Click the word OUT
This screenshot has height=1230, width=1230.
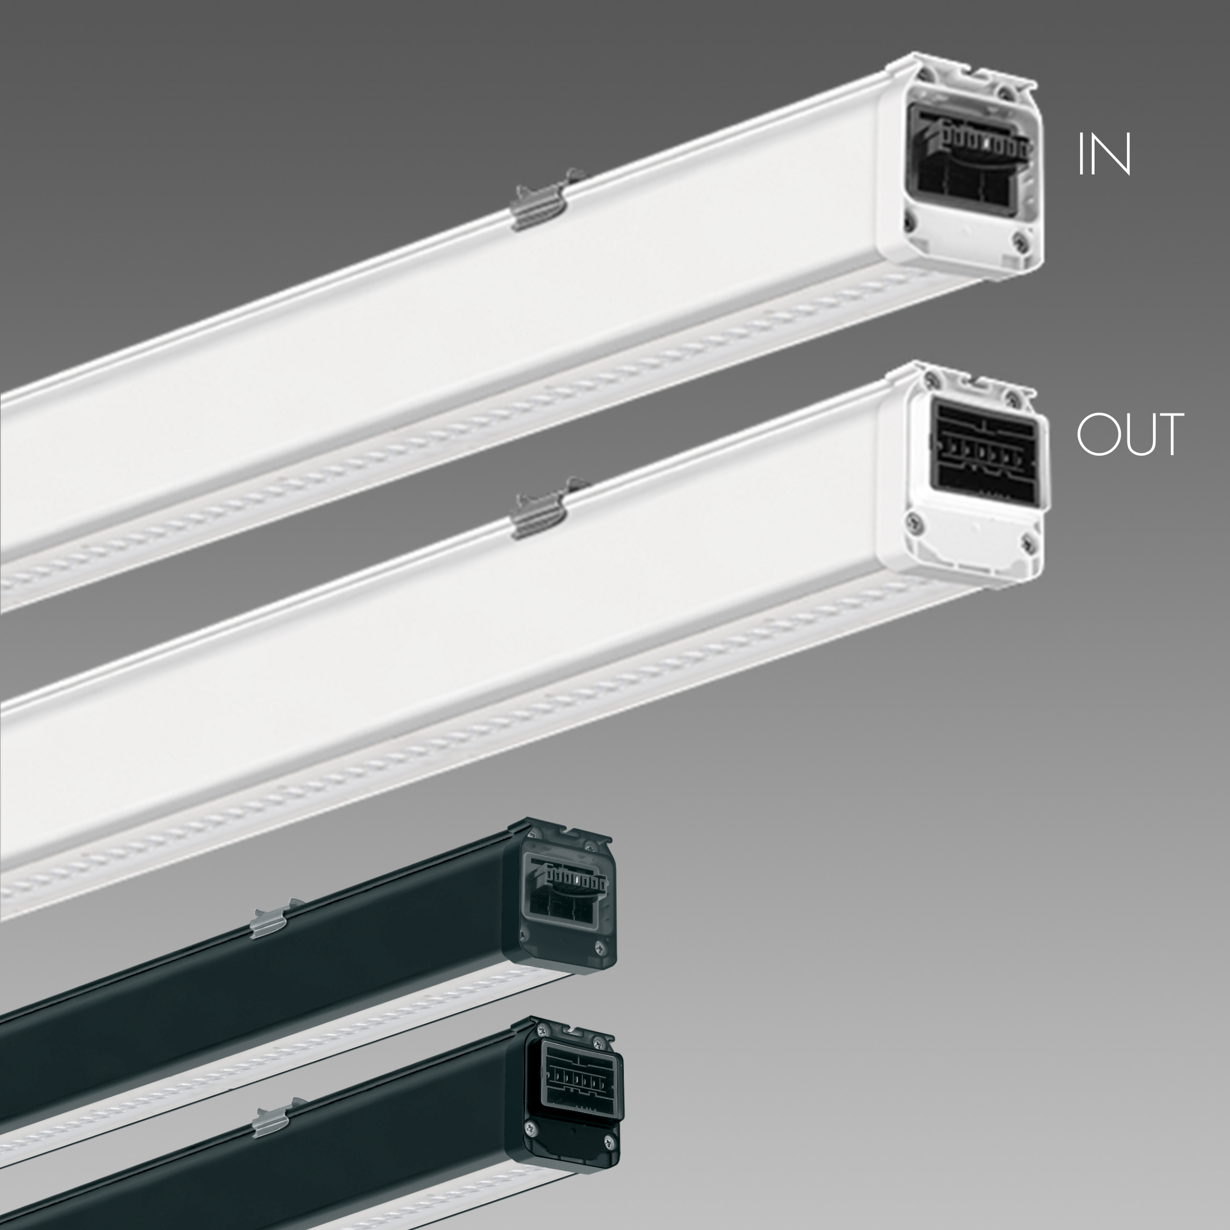1130,434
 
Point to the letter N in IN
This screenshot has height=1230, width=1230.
1112,154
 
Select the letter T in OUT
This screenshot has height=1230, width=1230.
1168,434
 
